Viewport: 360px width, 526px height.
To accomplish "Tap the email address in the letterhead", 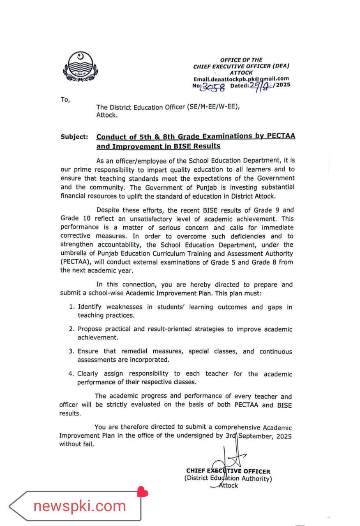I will point(241,79).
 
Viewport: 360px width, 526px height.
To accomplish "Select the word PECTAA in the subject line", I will point(281,136).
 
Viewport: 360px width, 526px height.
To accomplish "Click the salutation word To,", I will point(65,99).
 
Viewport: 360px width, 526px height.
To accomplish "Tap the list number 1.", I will point(71,307).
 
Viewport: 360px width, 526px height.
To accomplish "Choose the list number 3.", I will point(71,351).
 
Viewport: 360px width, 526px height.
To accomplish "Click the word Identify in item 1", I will point(90,307).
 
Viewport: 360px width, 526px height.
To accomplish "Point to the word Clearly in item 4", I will point(88,374).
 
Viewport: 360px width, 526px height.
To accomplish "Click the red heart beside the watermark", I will point(143,491).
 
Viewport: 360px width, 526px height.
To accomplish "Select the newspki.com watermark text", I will point(80,506).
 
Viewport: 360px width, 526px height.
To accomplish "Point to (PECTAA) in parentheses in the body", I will point(76,262).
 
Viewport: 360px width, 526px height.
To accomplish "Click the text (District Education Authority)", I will point(228,479).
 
